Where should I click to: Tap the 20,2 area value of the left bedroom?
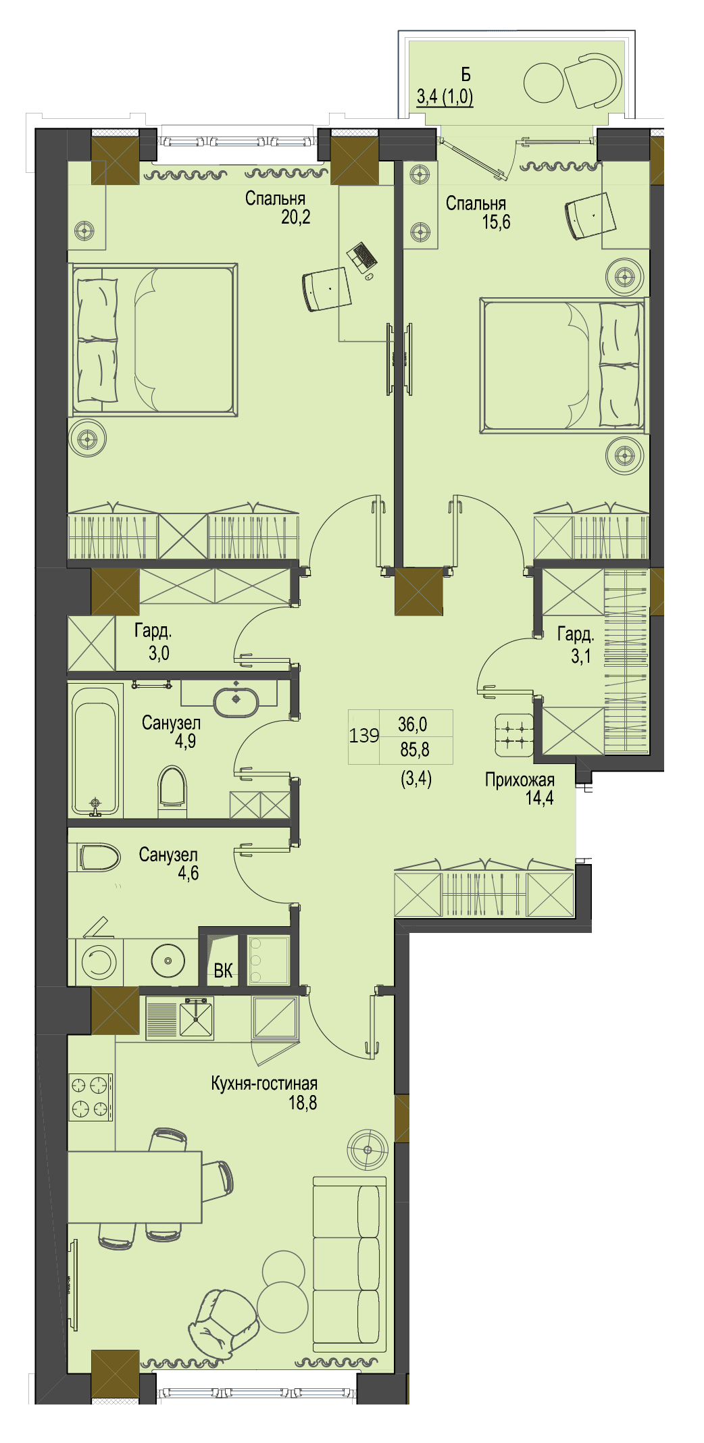point(296,217)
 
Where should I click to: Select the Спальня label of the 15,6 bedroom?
point(476,203)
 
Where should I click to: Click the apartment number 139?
point(364,735)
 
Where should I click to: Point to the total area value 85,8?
point(415,749)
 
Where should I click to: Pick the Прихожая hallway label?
point(520,780)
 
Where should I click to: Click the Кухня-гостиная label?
point(264,1084)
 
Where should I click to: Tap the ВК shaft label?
point(223,971)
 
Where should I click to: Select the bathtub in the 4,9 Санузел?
point(96,750)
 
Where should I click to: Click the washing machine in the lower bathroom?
point(99,961)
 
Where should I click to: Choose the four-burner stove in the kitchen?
point(91,1097)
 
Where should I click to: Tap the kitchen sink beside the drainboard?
point(196,1019)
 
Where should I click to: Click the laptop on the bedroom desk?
point(362,256)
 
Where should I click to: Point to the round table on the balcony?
point(543,83)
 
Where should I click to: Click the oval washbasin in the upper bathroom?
point(236,702)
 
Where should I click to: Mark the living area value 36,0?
point(413,725)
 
